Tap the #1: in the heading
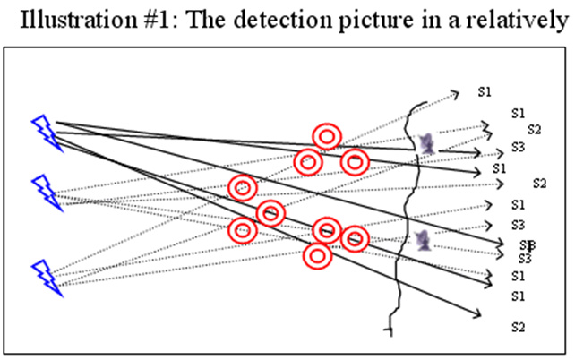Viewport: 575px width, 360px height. tap(156, 20)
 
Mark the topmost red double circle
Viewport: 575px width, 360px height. tap(327, 136)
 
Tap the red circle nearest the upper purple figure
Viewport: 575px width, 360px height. tap(356, 161)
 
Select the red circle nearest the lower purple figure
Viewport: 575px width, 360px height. tap(356, 238)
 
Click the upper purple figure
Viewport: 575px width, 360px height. tap(427, 142)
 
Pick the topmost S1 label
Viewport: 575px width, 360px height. tap(485, 91)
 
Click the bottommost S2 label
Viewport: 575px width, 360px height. tap(517, 327)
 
